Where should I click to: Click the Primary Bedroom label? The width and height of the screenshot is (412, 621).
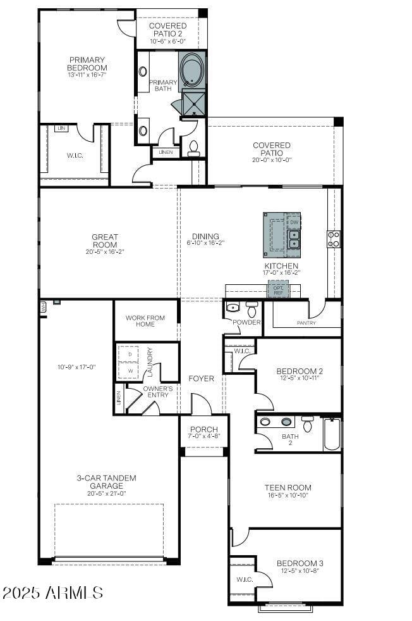(88, 64)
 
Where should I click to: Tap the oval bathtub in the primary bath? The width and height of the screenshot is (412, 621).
(192, 70)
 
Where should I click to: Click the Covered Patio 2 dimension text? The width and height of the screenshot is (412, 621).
(167, 41)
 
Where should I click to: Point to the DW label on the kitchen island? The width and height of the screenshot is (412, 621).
(294, 222)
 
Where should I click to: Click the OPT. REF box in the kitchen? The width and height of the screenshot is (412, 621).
(278, 289)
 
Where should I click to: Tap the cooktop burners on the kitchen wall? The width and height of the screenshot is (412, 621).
(334, 239)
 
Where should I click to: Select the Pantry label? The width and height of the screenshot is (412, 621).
(306, 323)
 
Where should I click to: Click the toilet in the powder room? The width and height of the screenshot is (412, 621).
(251, 310)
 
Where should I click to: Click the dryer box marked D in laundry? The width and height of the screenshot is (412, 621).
(130, 354)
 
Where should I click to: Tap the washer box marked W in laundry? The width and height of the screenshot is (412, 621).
(130, 370)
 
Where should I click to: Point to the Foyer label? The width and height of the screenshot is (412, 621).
(201, 379)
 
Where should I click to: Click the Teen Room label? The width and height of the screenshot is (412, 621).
(288, 487)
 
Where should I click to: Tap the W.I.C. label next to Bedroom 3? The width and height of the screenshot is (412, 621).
(244, 579)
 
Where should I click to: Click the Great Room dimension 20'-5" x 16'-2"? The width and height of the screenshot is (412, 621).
(105, 252)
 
